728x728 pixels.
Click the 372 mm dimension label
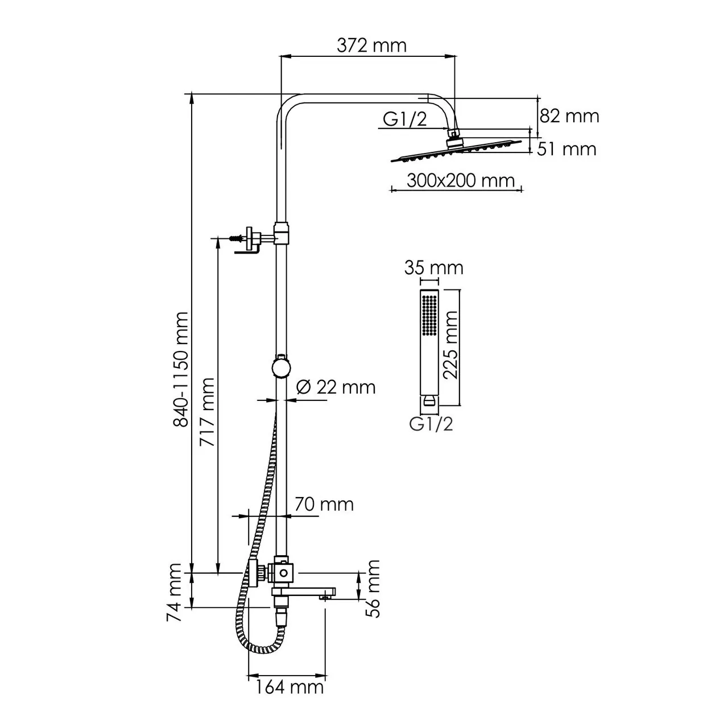tap(371, 45)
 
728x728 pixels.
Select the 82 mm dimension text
tap(569, 116)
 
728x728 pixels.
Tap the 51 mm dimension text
tap(567, 149)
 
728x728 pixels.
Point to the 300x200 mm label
tap(461, 181)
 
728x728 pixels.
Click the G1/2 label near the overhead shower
tap(404, 119)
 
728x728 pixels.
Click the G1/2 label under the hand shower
tap(431, 424)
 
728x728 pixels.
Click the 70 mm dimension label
tap(324, 504)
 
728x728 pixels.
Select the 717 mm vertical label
tap(208, 412)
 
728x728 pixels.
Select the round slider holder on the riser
tap(280, 367)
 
